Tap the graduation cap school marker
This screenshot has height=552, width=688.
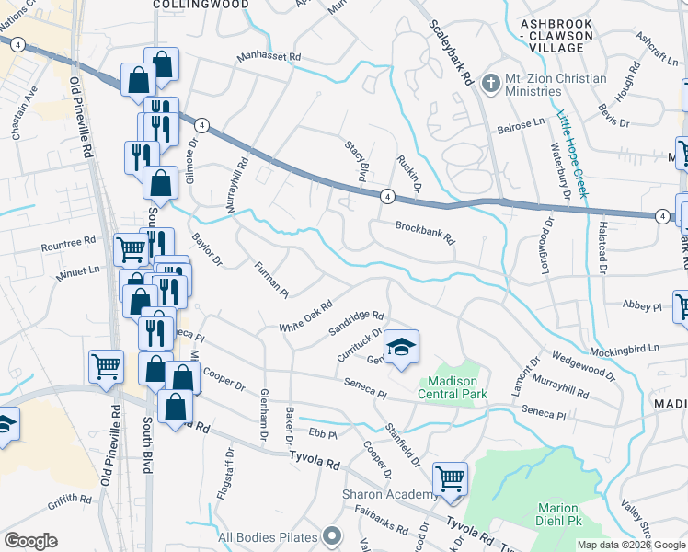[401, 347]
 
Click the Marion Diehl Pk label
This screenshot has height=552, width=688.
[558, 514]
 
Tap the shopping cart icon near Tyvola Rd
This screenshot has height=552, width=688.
[450, 478]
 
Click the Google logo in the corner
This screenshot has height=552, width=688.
[30, 541]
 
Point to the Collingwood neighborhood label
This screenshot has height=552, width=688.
[201, 5]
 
